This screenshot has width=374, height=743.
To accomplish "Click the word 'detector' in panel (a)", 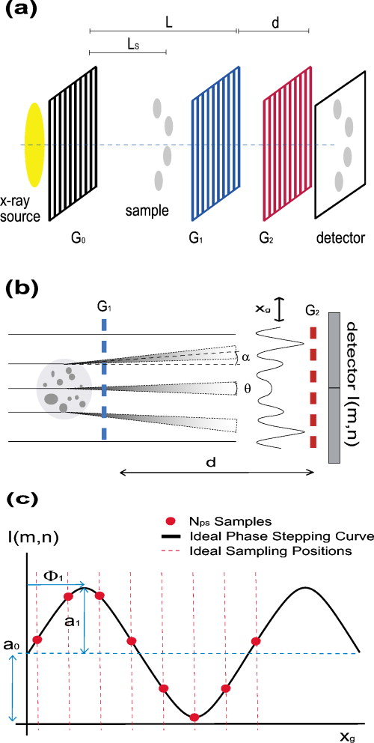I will [x=340, y=239].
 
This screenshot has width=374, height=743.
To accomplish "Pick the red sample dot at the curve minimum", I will [x=194, y=717].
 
